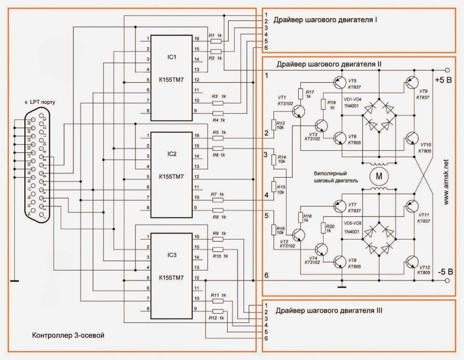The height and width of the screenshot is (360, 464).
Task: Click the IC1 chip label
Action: [171, 57]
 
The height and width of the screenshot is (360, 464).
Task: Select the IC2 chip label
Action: [171, 153]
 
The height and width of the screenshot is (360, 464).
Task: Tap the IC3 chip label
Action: [171, 255]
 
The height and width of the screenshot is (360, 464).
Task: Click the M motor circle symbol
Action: [378, 176]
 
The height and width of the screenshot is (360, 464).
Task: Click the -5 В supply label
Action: [445, 272]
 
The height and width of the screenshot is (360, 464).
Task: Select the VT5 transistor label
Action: [352, 80]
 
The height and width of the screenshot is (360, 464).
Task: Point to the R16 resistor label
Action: [281, 228]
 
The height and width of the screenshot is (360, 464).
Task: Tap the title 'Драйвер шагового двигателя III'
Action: [329, 311]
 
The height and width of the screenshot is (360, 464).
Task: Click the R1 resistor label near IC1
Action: [212, 35]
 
